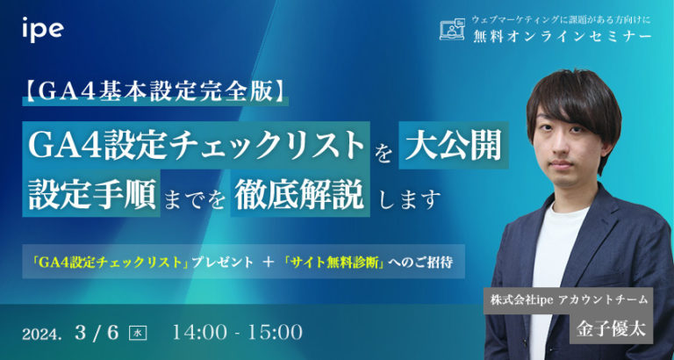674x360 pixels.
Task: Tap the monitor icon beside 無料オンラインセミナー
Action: [x=451, y=30]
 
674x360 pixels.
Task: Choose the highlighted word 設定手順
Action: [x=90, y=196]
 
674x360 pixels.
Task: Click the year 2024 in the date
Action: [x=43, y=335]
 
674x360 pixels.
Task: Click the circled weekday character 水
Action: [x=137, y=334]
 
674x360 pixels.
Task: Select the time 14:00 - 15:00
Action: [x=238, y=333]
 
